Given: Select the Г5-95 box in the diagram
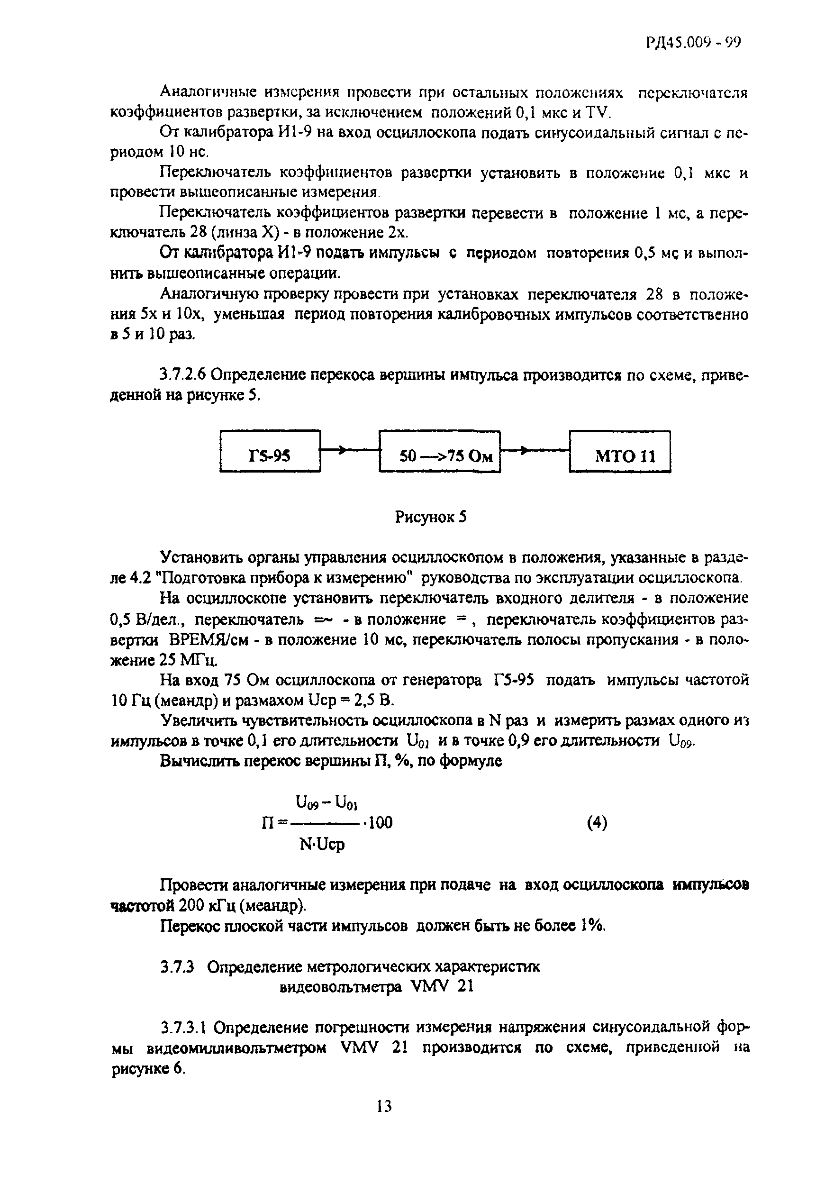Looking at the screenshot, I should tap(270, 451).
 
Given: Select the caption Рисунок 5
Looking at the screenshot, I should tap(430, 518).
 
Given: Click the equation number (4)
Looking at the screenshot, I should tap(597, 822).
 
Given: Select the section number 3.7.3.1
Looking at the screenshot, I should tap(185, 1027).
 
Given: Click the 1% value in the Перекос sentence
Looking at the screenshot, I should tap(592, 925).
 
